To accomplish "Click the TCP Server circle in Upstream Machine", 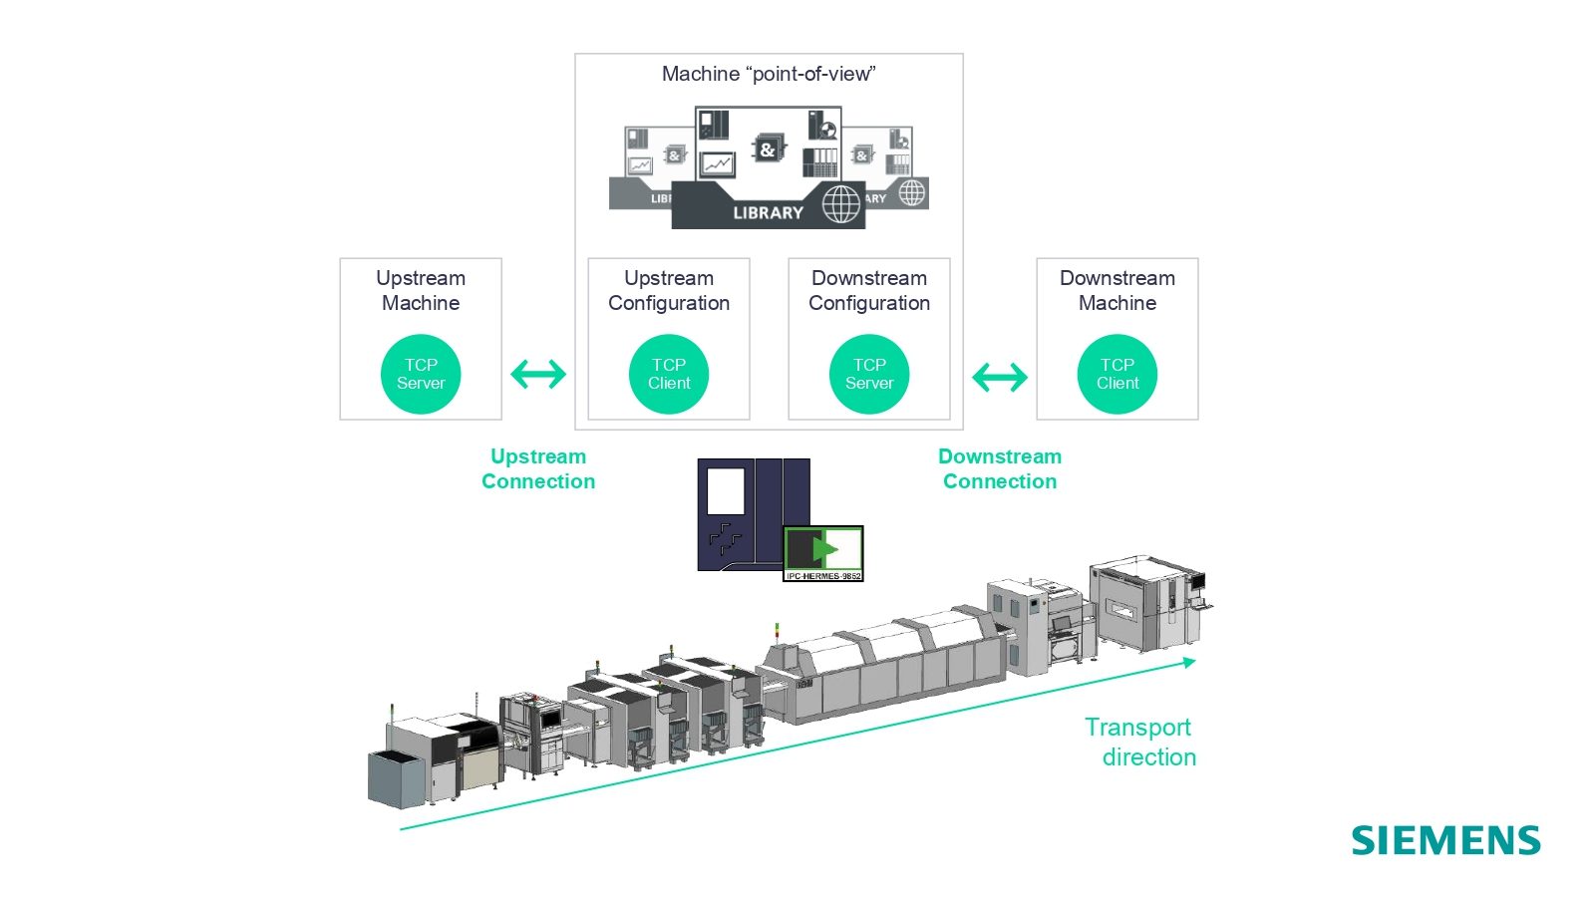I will (421, 374).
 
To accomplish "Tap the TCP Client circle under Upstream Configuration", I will (669, 374).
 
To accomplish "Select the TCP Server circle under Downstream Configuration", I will (869, 374).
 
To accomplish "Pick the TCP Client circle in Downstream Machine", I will (1117, 374).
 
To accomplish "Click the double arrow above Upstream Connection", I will (538, 375).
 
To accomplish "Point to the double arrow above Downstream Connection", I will (1000, 377).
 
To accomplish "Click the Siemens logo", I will (1445, 840).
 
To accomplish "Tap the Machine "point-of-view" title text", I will (769, 74).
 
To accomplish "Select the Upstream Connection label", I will (538, 468).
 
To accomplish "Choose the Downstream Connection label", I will (1000, 468).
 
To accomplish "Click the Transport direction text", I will (1142, 742).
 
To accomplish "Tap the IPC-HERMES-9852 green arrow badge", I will (823, 552).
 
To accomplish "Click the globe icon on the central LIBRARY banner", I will (840, 204).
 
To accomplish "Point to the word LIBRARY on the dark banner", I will (768, 212).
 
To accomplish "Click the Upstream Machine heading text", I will (421, 290).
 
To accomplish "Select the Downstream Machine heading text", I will (1117, 290).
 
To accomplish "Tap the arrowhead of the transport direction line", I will (1189, 662).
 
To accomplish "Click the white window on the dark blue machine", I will (726, 491).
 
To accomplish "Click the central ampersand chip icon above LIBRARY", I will (767, 149).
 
